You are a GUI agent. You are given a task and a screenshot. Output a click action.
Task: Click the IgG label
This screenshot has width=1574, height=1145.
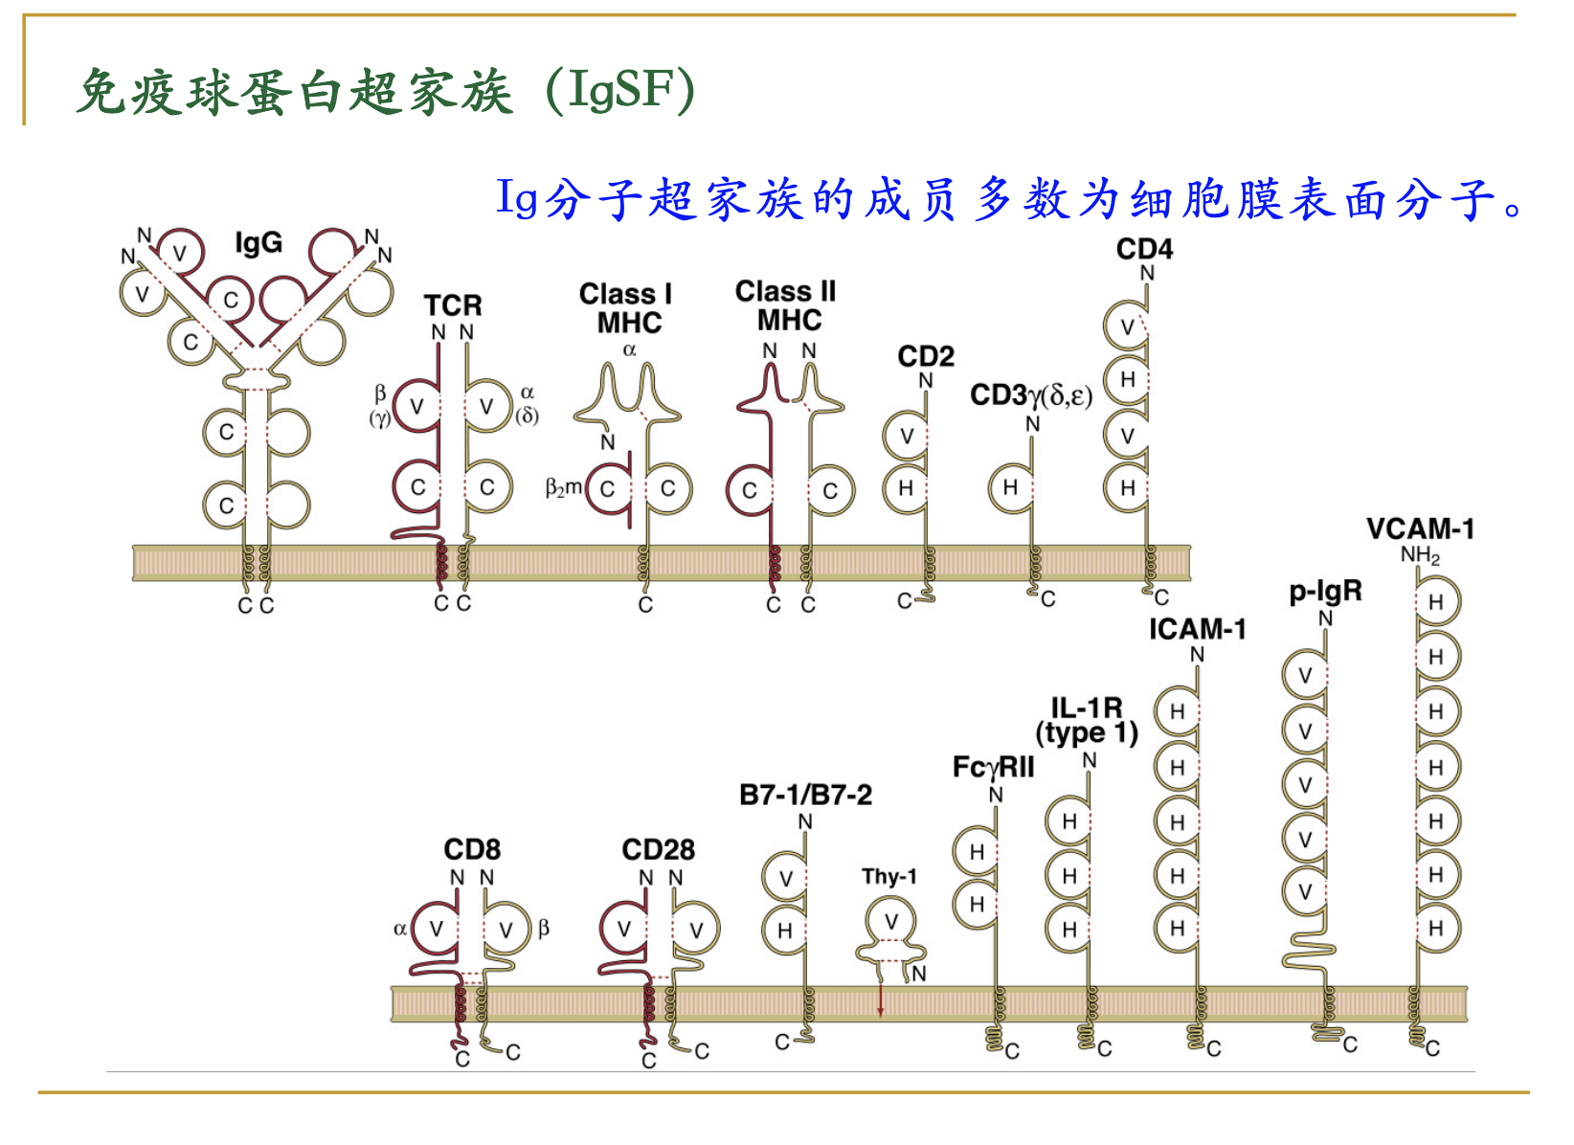259,243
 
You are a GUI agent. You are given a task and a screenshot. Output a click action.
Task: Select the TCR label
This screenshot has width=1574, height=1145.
453,305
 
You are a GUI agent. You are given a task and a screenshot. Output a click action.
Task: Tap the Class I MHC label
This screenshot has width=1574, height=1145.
627,308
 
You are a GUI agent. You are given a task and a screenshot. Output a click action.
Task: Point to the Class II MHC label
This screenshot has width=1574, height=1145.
786,305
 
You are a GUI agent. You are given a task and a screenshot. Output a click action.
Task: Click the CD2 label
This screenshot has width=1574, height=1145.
926,356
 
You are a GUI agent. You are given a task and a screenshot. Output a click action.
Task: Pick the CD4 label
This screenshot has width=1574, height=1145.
1144,249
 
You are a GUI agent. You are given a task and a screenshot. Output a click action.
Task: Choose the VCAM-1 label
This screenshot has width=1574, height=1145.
1420,528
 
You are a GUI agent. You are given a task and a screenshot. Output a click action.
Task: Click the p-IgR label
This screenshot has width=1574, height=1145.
1325,592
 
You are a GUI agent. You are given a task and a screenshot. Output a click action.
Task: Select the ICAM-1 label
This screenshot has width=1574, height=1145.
1198,629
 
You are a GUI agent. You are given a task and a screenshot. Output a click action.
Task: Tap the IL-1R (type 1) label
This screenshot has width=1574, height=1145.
1087,720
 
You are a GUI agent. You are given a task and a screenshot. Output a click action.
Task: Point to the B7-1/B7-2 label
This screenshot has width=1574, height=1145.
805,795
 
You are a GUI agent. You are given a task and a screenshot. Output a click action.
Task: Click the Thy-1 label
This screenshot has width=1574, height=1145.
888,876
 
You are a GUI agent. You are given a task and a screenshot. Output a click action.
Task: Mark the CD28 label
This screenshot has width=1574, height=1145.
658,849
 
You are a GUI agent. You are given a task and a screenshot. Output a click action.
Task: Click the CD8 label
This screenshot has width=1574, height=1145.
472,849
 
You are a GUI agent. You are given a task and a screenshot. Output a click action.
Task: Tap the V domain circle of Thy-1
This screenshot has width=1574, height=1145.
891,922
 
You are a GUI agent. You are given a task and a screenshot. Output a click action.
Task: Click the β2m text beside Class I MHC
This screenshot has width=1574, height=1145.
563,488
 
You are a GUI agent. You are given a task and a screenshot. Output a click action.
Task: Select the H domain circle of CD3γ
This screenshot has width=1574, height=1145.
1010,487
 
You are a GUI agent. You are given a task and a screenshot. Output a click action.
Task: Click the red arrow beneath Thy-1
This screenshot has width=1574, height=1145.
881,1000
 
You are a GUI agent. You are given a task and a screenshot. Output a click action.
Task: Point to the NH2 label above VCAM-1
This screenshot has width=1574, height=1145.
1420,556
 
